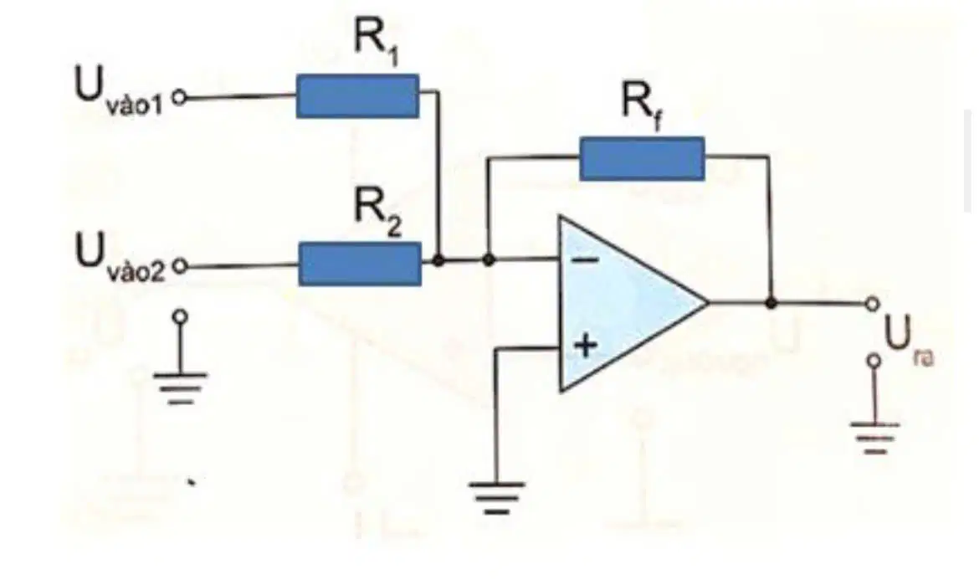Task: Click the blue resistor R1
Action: [357, 96]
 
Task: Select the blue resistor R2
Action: [360, 264]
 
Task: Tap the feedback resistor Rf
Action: [642, 158]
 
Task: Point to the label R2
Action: [378, 212]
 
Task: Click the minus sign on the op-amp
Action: [586, 259]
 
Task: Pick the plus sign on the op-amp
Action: [586, 345]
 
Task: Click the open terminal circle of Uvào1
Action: [179, 98]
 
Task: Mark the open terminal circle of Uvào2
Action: [179, 267]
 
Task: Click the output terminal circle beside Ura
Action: [872, 304]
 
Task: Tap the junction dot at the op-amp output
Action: [771, 304]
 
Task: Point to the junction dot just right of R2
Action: [439, 259]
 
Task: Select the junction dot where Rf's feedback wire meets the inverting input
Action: [489, 259]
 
